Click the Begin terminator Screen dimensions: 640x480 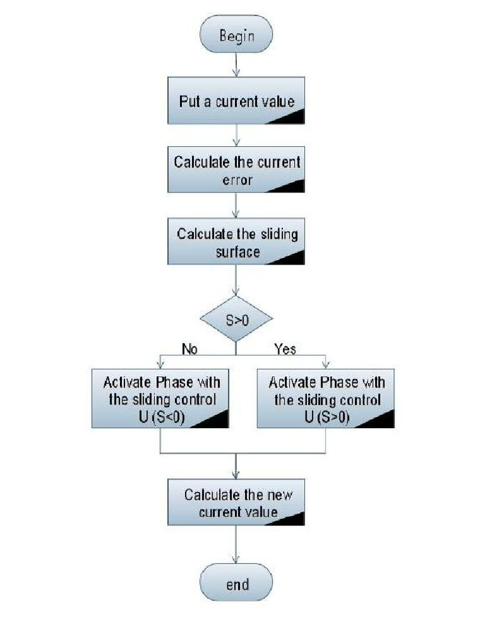click(236, 35)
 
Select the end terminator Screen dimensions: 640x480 click(236, 584)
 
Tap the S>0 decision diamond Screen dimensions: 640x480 click(236, 319)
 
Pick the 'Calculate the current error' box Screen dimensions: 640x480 click(236, 170)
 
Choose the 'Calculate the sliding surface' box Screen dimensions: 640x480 click(236, 242)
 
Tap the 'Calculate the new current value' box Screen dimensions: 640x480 click(236, 503)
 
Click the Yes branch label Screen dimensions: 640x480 click(285, 349)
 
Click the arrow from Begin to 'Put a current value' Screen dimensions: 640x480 click(236, 64)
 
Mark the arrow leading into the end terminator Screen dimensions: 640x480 click(236, 544)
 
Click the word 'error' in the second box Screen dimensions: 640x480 click(237, 180)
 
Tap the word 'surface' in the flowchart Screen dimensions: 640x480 click(237, 252)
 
